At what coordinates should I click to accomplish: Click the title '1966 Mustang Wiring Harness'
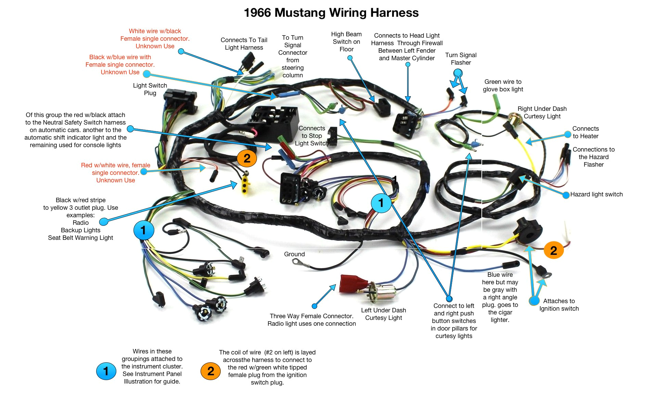tap(331, 13)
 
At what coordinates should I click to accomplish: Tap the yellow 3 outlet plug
tap(245, 184)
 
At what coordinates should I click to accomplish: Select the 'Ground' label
tap(294, 254)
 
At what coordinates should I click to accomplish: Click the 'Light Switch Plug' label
tap(150, 89)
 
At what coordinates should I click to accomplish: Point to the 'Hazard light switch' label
tap(596, 194)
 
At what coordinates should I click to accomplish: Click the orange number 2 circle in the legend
tap(210, 371)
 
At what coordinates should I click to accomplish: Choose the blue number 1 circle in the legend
tap(106, 371)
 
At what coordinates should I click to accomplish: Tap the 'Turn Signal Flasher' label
tap(461, 59)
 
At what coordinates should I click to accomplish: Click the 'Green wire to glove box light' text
tap(503, 86)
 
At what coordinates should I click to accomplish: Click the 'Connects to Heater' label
tap(585, 132)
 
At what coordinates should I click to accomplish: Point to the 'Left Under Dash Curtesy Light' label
tap(384, 314)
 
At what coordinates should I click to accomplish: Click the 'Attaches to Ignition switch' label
tap(559, 305)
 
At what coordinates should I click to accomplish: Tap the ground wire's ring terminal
tap(296, 262)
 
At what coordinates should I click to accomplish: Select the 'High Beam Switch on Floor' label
tap(346, 42)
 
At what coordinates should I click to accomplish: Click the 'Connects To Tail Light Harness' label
tap(244, 44)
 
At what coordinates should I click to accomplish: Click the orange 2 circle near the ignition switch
tap(553, 250)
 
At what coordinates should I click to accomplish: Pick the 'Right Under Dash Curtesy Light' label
tap(542, 113)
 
